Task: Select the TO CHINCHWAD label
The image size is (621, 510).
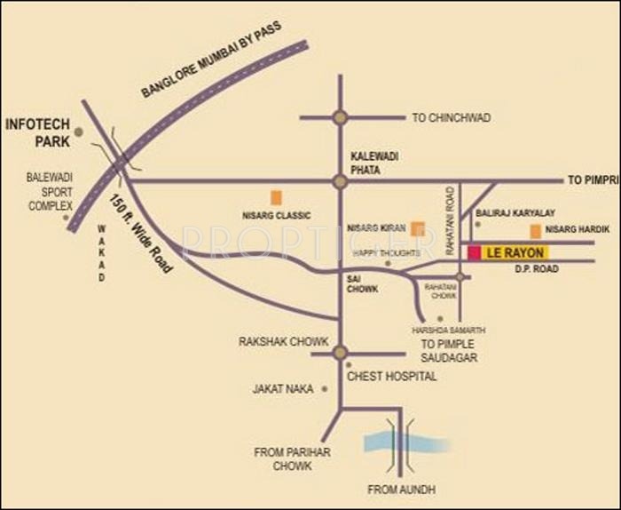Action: (452, 117)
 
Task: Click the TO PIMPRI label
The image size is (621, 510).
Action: (592, 180)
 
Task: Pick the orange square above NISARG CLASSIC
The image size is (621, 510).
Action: (277, 197)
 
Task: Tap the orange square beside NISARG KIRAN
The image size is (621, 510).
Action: (418, 227)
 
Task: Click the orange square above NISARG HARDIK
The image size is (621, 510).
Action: (535, 231)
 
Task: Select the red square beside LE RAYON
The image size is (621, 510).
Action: (474, 253)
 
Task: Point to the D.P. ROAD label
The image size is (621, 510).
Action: (537, 268)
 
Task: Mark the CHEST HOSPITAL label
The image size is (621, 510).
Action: (392, 377)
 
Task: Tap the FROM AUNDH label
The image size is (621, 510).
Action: (402, 490)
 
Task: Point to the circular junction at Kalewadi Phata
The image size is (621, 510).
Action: (339, 181)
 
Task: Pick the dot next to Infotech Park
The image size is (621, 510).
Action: (79, 131)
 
